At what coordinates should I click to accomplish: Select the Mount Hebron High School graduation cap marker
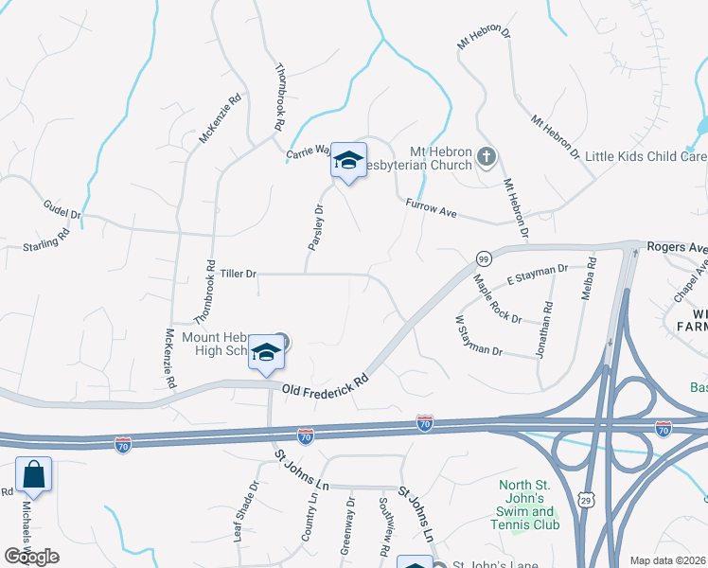coord(267,353)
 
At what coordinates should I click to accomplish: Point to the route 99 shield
coord(484,258)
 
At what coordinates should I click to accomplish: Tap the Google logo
coord(31,557)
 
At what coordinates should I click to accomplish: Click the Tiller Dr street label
coord(238,274)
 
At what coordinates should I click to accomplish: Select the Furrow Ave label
coord(431,209)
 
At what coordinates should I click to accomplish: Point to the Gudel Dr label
coord(62,208)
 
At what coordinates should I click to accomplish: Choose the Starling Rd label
coord(46,240)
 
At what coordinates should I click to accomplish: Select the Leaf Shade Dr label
coord(245,511)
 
